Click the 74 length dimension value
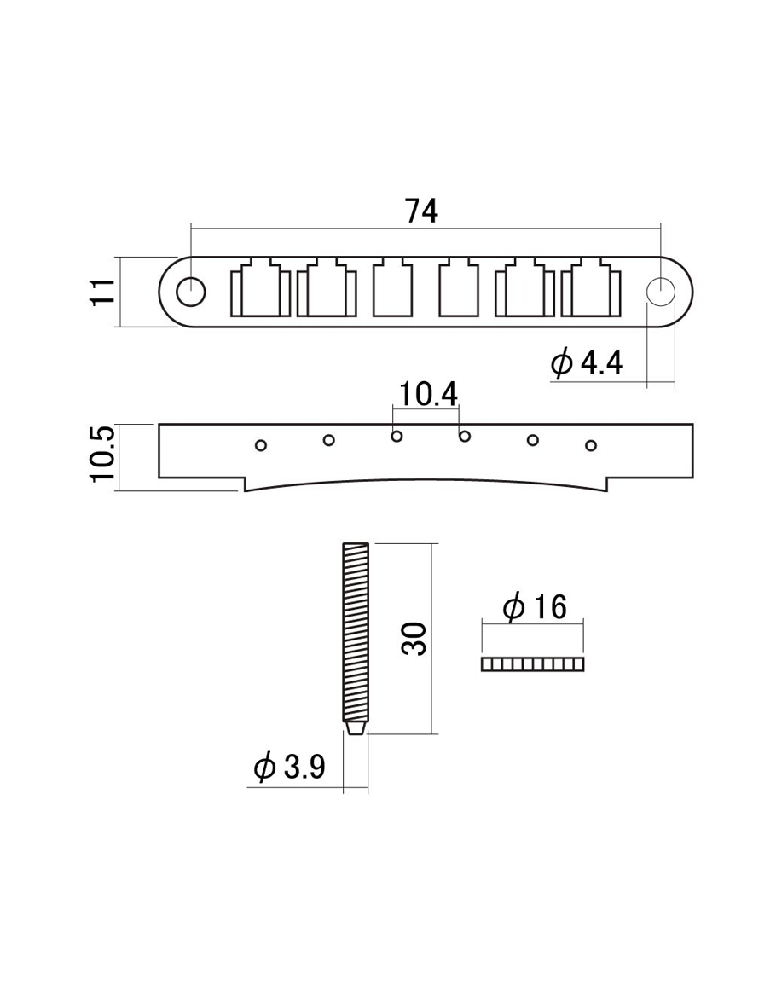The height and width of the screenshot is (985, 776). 421,210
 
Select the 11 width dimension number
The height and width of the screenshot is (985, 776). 104,292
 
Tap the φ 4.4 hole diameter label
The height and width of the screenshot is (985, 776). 587,364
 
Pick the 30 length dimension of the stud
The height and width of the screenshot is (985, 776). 414,638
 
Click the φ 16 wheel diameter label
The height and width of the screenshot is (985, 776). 534,608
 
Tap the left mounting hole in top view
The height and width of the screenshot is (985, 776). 190,292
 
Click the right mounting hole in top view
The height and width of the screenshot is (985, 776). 661,292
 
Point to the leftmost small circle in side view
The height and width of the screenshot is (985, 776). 262,444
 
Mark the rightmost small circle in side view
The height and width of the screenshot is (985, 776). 590,444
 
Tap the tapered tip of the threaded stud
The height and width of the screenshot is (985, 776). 356,731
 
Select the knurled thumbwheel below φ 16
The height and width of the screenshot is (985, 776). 533,664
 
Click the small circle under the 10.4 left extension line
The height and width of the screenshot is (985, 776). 397,437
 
